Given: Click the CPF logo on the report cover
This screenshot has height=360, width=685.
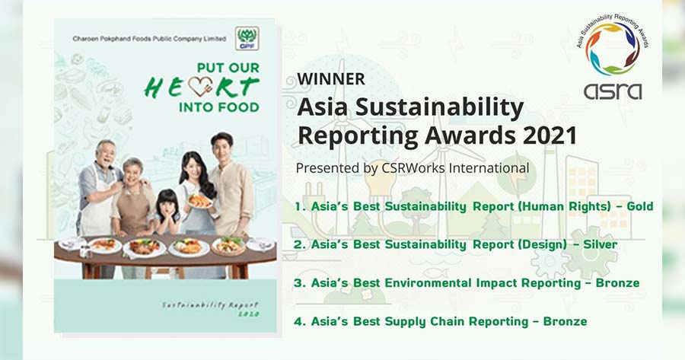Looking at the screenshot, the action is (x=247, y=38).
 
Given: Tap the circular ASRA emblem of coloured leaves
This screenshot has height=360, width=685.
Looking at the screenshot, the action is (x=613, y=49).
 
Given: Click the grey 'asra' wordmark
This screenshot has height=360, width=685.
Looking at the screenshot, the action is (x=613, y=91).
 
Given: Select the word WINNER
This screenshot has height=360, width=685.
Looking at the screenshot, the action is (x=331, y=79).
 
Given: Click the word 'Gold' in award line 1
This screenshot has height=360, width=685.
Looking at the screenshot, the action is (x=640, y=206).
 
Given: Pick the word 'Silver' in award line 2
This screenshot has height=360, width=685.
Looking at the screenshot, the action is (x=601, y=244).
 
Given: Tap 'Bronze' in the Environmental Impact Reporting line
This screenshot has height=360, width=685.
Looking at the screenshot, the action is (x=617, y=282).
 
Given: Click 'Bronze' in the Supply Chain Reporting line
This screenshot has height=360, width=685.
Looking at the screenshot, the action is (x=565, y=321).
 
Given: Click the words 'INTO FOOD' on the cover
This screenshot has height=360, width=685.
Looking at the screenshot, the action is (x=219, y=107).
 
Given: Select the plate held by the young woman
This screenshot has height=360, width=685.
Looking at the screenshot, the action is (x=199, y=201).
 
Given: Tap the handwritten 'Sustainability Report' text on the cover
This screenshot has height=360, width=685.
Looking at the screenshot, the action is (x=211, y=309).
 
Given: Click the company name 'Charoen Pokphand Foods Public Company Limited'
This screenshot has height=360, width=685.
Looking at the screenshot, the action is (x=149, y=39).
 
